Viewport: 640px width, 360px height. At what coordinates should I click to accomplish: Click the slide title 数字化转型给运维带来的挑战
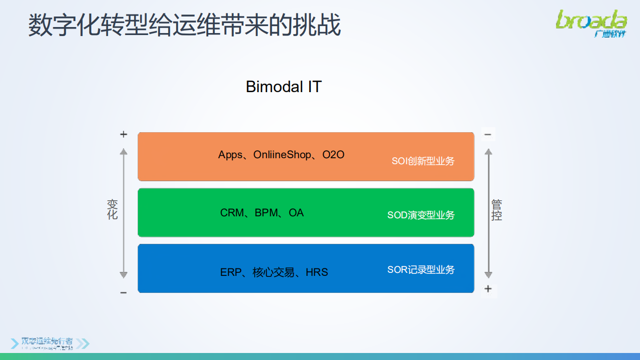184,25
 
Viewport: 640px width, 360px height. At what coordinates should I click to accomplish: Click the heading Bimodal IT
283,87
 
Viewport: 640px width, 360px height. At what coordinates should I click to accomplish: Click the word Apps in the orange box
230,155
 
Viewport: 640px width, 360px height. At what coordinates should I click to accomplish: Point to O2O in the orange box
333,155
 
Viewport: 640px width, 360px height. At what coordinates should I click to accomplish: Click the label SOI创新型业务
423,161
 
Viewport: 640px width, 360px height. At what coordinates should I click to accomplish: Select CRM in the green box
232,213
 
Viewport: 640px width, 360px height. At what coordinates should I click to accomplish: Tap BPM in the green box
266,213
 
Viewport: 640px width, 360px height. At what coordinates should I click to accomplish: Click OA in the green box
296,213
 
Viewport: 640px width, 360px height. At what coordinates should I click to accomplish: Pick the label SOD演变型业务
421,215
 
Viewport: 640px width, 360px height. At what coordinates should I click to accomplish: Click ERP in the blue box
231,272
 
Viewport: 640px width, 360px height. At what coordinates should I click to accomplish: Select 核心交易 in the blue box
273,272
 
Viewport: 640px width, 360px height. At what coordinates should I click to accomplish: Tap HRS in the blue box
317,272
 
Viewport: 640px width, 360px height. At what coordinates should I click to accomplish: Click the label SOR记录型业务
421,270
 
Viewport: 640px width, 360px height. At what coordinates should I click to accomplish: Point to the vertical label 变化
113,209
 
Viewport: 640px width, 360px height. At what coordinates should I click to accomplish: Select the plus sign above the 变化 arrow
124,134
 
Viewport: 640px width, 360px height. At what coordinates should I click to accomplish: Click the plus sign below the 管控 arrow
488,288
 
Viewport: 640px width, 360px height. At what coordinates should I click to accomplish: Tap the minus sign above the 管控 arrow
488,134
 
